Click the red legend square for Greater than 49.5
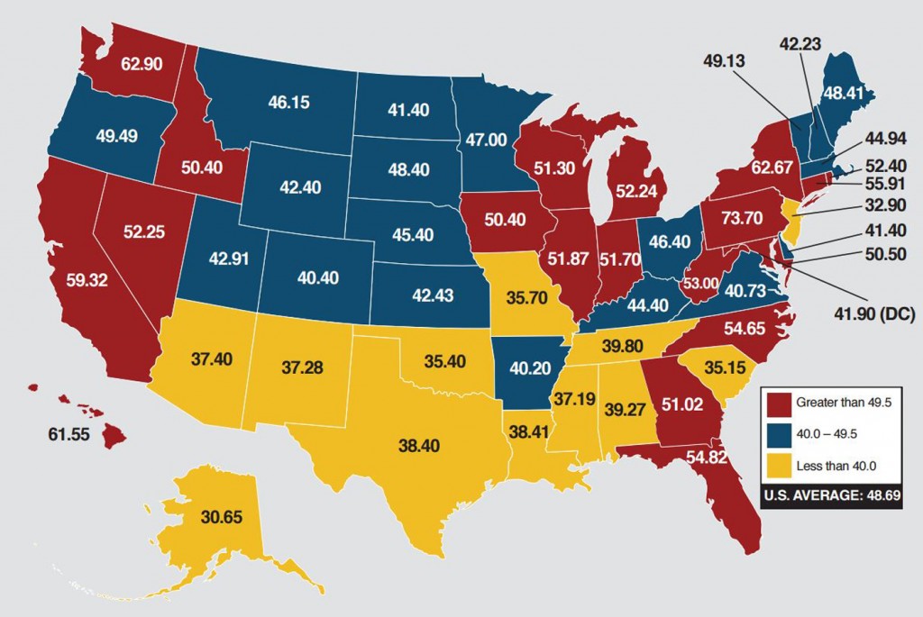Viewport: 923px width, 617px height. point(776,402)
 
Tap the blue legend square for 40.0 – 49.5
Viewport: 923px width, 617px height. point(776,434)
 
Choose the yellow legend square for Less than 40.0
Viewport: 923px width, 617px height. point(776,466)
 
